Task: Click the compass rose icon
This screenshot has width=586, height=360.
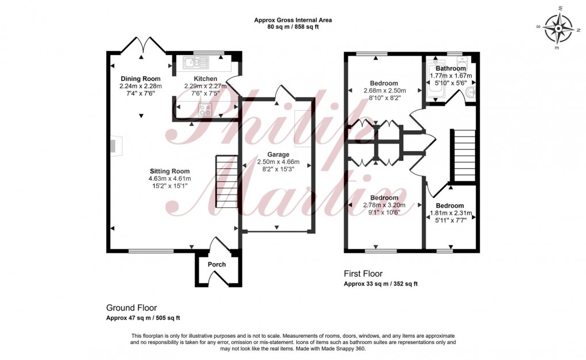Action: click(559, 28)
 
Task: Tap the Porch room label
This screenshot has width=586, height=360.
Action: click(217, 265)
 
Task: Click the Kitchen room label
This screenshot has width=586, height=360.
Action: click(205, 79)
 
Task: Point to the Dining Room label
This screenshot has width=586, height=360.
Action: click(140, 79)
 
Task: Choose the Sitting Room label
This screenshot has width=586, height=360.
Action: click(169, 171)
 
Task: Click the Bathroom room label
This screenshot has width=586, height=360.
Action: click(451, 68)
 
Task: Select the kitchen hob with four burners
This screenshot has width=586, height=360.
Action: click(205, 109)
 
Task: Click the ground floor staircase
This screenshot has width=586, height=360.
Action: click(227, 183)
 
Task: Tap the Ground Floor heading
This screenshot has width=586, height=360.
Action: click(132, 308)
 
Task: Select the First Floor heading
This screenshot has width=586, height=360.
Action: click(363, 274)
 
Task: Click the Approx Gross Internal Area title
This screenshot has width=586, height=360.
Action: click(293, 20)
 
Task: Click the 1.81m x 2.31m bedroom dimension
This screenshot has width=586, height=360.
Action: click(451, 213)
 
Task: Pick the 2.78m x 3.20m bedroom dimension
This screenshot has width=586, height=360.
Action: click(384, 205)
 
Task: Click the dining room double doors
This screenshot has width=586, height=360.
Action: click(141, 45)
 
